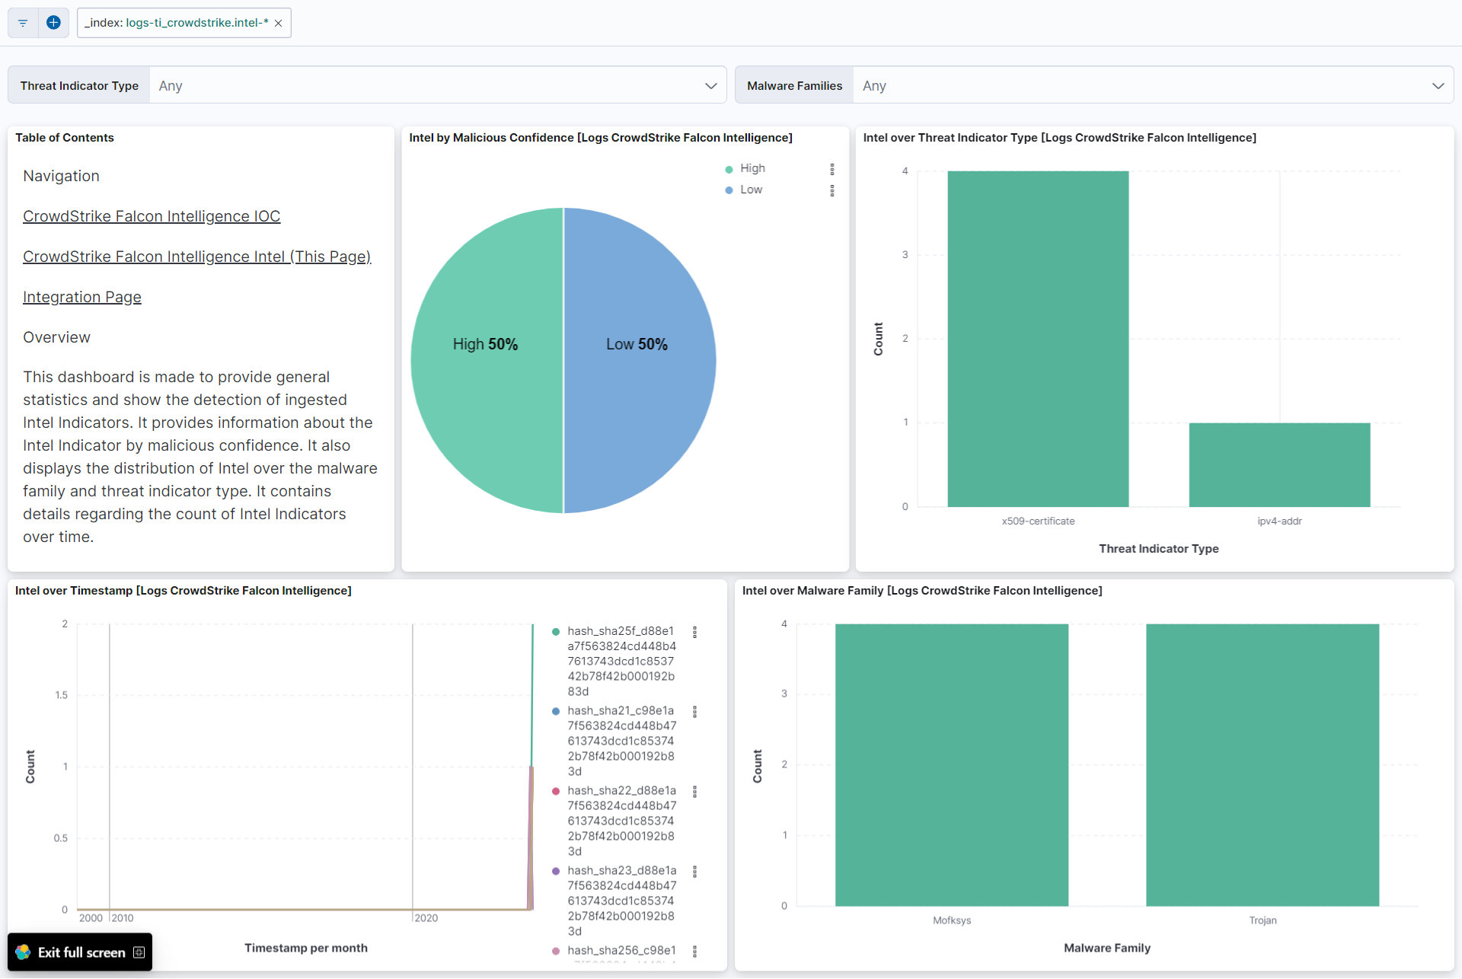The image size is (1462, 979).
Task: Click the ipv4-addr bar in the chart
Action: (1279, 464)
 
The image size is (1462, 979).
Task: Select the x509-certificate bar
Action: (1038, 339)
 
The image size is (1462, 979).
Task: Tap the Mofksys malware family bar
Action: (952, 765)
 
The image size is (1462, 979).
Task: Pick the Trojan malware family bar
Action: (1262, 765)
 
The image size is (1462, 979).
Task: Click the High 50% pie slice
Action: (485, 344)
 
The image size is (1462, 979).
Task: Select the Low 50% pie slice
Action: (637, 344)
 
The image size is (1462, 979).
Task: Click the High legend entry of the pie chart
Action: (752, 168)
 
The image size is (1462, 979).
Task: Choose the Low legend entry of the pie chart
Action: (751, 190)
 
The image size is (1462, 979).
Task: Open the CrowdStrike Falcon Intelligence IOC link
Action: (152, 216)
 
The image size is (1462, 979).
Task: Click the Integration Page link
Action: (82, 297)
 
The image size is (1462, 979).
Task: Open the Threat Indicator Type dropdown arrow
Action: (710, 86)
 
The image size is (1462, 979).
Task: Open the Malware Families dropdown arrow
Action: (1438, 86)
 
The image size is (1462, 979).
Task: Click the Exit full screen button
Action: (80, 952)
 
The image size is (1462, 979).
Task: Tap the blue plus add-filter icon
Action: (53, 23)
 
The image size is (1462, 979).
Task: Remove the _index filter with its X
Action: (279, 23)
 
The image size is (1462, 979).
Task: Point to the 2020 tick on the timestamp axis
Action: (426, 918)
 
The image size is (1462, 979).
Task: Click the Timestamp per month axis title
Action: (306, 948)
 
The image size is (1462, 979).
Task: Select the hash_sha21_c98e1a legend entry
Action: (621, 711)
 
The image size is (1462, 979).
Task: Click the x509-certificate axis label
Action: (1038, 521)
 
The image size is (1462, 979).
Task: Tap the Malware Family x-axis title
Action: (1107, 948)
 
